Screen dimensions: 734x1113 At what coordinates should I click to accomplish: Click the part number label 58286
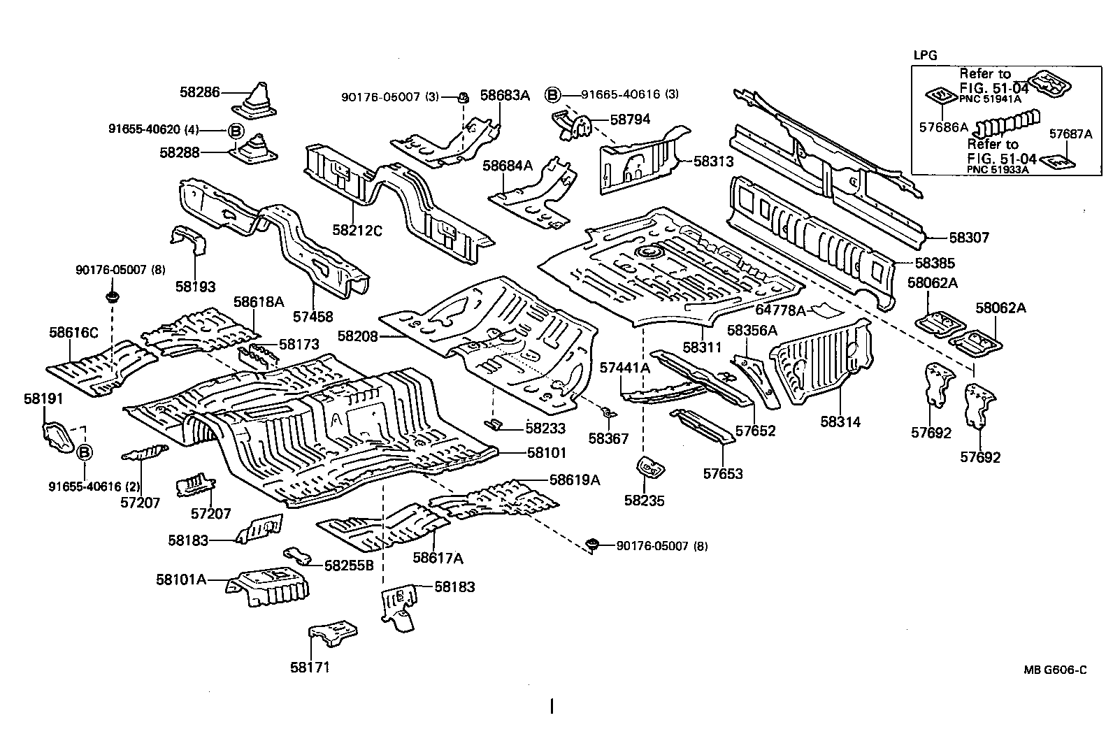point(199,92)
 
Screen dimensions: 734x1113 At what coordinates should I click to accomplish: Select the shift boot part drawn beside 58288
point(258,149)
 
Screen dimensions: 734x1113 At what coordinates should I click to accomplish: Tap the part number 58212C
point(357,229)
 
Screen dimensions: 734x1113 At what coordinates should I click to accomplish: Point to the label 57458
point(313,317)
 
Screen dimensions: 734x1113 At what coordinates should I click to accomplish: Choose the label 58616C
point(73,333)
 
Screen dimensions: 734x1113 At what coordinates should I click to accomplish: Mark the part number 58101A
point(181,579)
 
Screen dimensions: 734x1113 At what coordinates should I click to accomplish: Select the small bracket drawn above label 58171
point(334,635)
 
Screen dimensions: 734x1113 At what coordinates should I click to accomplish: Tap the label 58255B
point(349,565)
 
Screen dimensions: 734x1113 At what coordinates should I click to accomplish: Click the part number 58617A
point(438,557)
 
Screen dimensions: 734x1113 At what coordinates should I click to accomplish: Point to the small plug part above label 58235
point(649,468)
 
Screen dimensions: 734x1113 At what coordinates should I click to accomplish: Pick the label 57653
point(723,474)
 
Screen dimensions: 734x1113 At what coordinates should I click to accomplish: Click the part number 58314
point(840,422)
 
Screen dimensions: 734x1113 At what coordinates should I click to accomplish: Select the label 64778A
point(781,310)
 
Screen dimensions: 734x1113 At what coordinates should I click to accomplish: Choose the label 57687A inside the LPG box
point(1070,134)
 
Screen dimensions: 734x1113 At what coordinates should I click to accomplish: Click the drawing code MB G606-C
point(1056,669)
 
